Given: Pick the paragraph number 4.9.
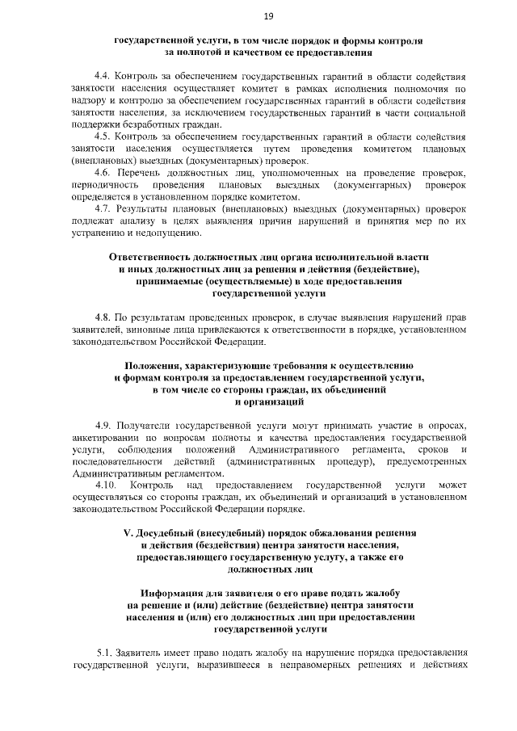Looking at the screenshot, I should tap(104, 425).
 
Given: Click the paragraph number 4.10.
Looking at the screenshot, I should tap(107, 485).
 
